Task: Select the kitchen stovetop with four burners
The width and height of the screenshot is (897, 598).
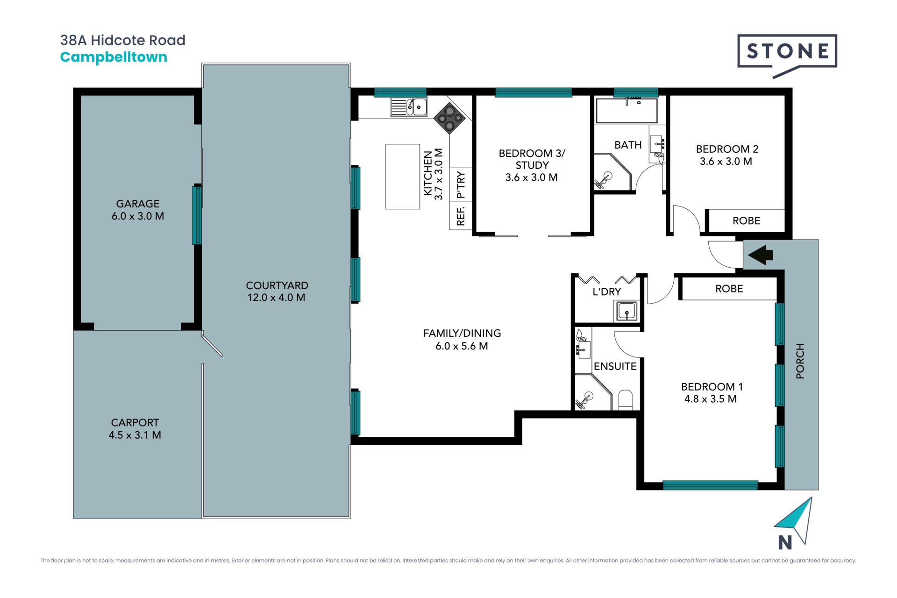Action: pos(449,118)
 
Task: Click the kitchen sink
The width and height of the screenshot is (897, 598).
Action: pos(409,107)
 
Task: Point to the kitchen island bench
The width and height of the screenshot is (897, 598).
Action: pos(403,177)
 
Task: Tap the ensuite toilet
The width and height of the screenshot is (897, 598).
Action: pos(626,400)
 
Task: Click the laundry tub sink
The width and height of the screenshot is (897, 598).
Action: pos(626,311)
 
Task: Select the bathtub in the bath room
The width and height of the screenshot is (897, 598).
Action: pos(627,111)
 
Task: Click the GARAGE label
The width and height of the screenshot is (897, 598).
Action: pos(138,204)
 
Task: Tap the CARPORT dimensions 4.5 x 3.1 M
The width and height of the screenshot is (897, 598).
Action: pos(135,435)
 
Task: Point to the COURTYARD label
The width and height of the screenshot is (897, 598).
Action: pos(277,285)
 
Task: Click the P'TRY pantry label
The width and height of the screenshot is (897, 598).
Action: pos(461,185)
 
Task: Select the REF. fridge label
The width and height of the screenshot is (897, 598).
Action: pos(461,216)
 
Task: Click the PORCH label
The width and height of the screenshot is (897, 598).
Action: pos(800,361)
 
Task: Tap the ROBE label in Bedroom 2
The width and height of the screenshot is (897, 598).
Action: pos(746,221)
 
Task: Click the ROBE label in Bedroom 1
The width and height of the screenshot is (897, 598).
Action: pos(729,289)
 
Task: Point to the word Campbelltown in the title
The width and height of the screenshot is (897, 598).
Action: pos(114,57)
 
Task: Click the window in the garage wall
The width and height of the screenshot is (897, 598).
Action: pos(197,215)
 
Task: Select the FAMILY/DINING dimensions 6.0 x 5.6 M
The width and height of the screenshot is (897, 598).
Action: pos(462,346)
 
